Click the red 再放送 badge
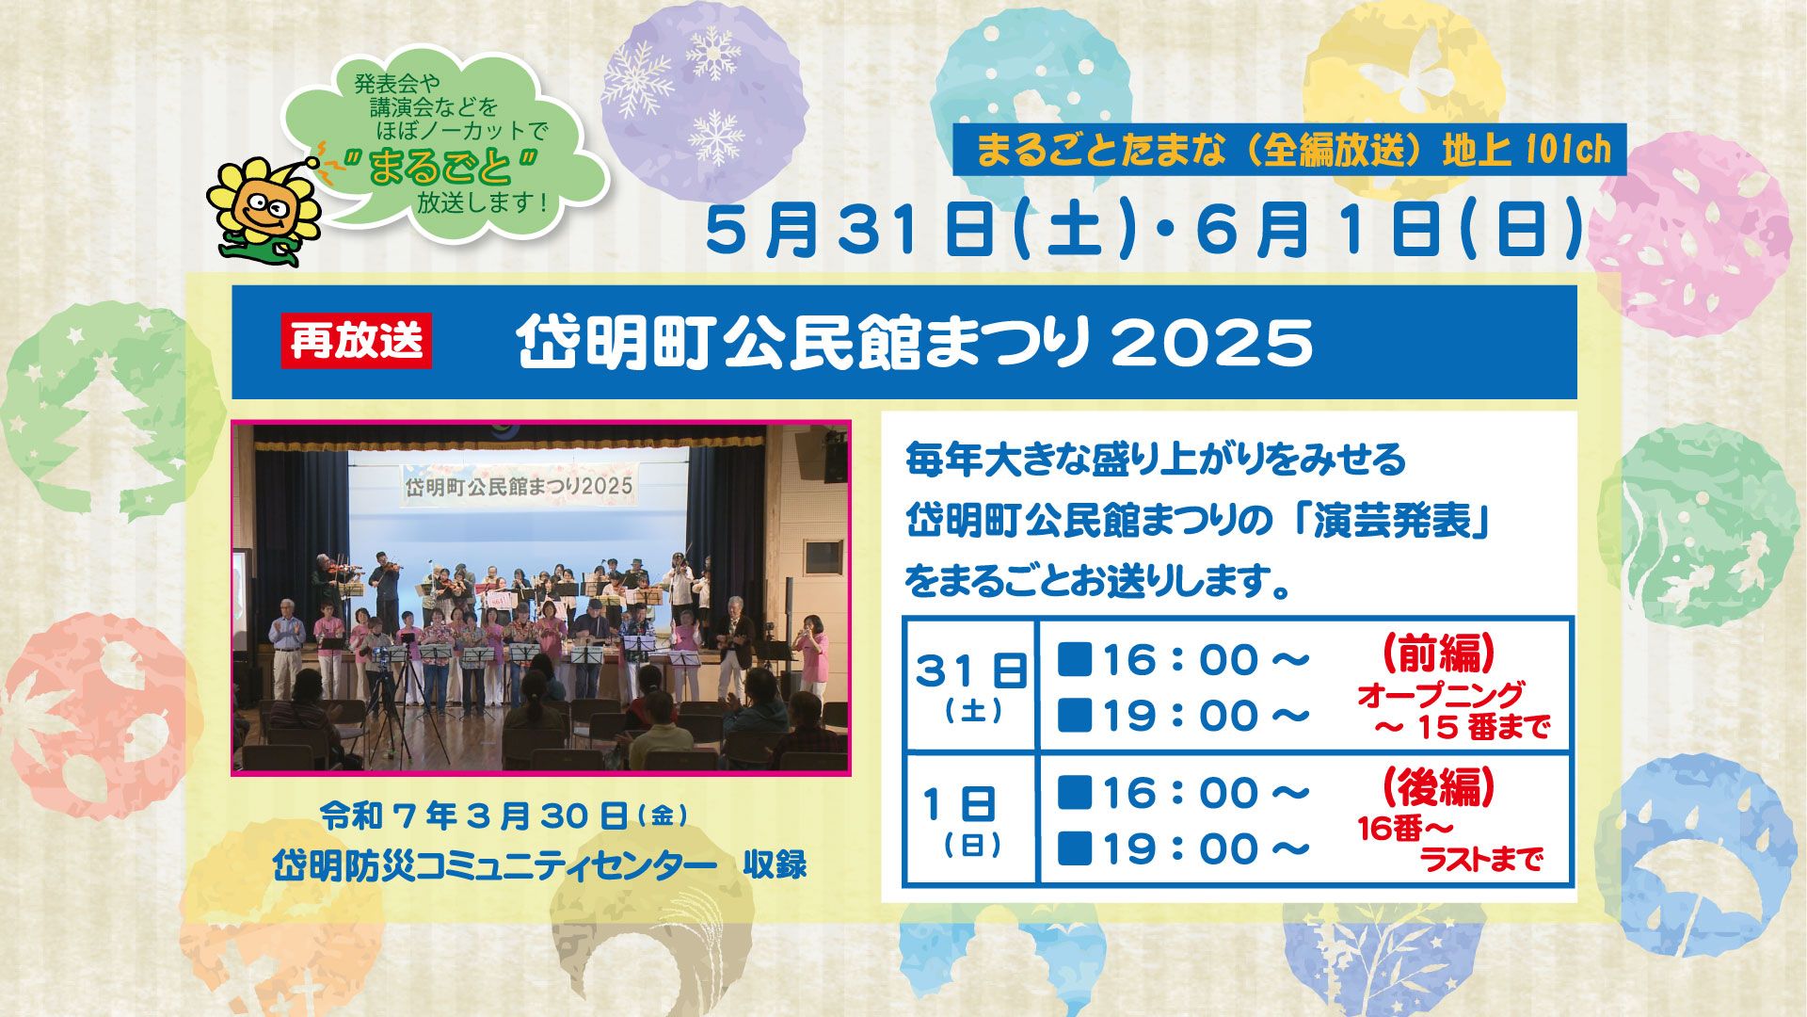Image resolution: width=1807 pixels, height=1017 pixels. (x=357, y=340)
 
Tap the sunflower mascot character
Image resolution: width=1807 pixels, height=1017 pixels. (x=264, y=210)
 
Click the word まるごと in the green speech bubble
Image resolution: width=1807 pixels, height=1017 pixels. (x=440, y=167)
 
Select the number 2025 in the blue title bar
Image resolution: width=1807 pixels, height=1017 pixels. (x=1212, y=342)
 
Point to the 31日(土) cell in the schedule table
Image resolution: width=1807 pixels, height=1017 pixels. (x=970, y=686)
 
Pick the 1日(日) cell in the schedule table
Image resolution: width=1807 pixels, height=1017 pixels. (x=970, y=819)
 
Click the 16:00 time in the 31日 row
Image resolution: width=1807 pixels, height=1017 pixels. (x=1206, y=660)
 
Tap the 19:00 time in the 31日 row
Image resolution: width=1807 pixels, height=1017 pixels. (x=1206, y=717)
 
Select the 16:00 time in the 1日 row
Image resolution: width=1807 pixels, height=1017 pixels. (x=1206, y=794)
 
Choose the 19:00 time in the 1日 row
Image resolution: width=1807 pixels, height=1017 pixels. (x=1206, y=849)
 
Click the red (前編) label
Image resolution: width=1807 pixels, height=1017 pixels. (x=1439, y=653)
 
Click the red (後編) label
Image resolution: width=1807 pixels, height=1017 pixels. (x=1439, y=786)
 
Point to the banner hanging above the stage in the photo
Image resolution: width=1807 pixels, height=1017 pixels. (x=520, y=486)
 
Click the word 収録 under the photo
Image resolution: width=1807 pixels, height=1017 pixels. (x=775, y=864)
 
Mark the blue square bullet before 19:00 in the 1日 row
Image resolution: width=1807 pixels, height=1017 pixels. (x=1074, y=848)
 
